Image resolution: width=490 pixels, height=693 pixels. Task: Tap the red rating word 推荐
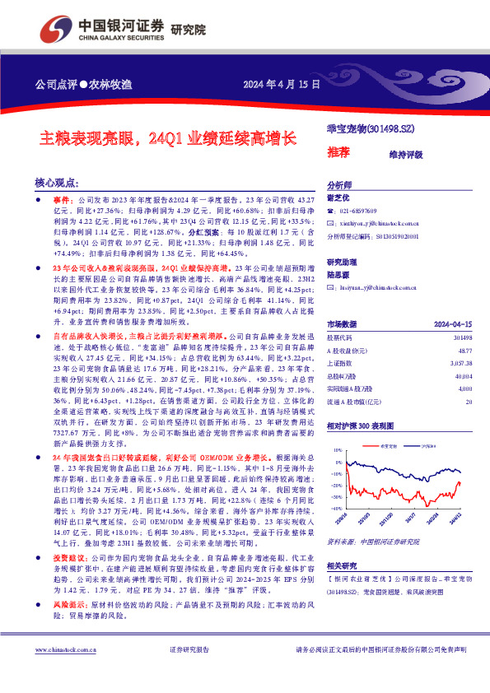tap(338, 151)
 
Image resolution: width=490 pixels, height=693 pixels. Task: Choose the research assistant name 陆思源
tap(339, 277)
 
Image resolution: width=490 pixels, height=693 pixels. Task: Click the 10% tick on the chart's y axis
tap(337, 451)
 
